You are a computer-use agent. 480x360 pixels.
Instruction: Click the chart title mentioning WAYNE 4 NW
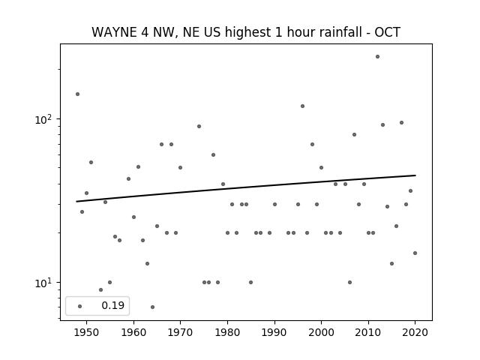pos(246,32)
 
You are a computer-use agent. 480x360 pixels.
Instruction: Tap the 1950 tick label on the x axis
pos(86,332)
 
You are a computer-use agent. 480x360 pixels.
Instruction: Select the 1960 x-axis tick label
pos(133,332)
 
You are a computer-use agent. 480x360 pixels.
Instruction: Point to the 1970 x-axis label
pos(180,332)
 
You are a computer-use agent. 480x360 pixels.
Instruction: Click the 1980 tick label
pos(227,332)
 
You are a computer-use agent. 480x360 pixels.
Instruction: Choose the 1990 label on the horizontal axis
pos(274,332)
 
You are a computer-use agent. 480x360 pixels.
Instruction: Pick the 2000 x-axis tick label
pos(322,332)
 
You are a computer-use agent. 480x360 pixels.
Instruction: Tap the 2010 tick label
pos(368,332)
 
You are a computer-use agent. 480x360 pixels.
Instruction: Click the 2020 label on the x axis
pos(415,332)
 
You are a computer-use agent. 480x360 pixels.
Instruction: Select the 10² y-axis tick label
pos(45,118)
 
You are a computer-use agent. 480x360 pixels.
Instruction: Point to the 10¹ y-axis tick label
pos(45,283)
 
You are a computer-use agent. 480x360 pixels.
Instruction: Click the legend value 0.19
pos(113,305)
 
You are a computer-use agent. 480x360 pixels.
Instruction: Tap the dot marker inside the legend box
pos(80,306)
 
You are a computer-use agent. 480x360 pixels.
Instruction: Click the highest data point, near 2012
pos(377,57)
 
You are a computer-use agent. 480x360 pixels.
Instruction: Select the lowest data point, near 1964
pos(152,307)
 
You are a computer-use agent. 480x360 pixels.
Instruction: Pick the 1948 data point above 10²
pos(77,94)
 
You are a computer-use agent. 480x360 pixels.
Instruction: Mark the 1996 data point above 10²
pos(302,106)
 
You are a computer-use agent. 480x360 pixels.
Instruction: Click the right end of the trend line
pos(415,175)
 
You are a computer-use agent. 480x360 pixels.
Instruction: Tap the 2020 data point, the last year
pos(415,253)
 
